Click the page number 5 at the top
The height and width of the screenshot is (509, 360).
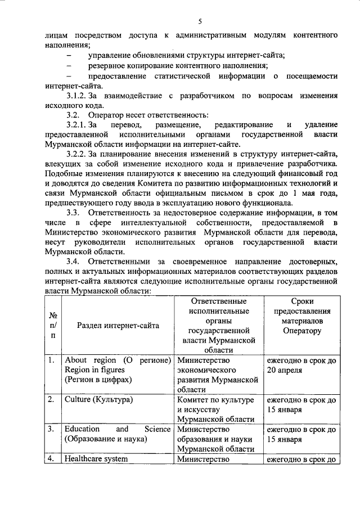tap(199, 21)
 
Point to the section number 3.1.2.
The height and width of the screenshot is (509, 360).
tap(76, 97)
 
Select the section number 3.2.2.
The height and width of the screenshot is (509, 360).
tap(76, 153)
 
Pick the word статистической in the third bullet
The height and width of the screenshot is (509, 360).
tap(181, 76)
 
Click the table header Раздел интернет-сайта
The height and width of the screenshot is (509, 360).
tap(118, 325)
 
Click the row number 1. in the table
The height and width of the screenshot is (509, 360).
tap(51, 360)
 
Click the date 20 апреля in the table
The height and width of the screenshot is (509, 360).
tap(285, 370)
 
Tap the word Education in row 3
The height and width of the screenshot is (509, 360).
tap(82, 429)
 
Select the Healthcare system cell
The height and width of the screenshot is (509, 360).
tap(96, 458)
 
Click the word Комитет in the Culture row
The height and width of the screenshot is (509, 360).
tap(193, 399)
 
